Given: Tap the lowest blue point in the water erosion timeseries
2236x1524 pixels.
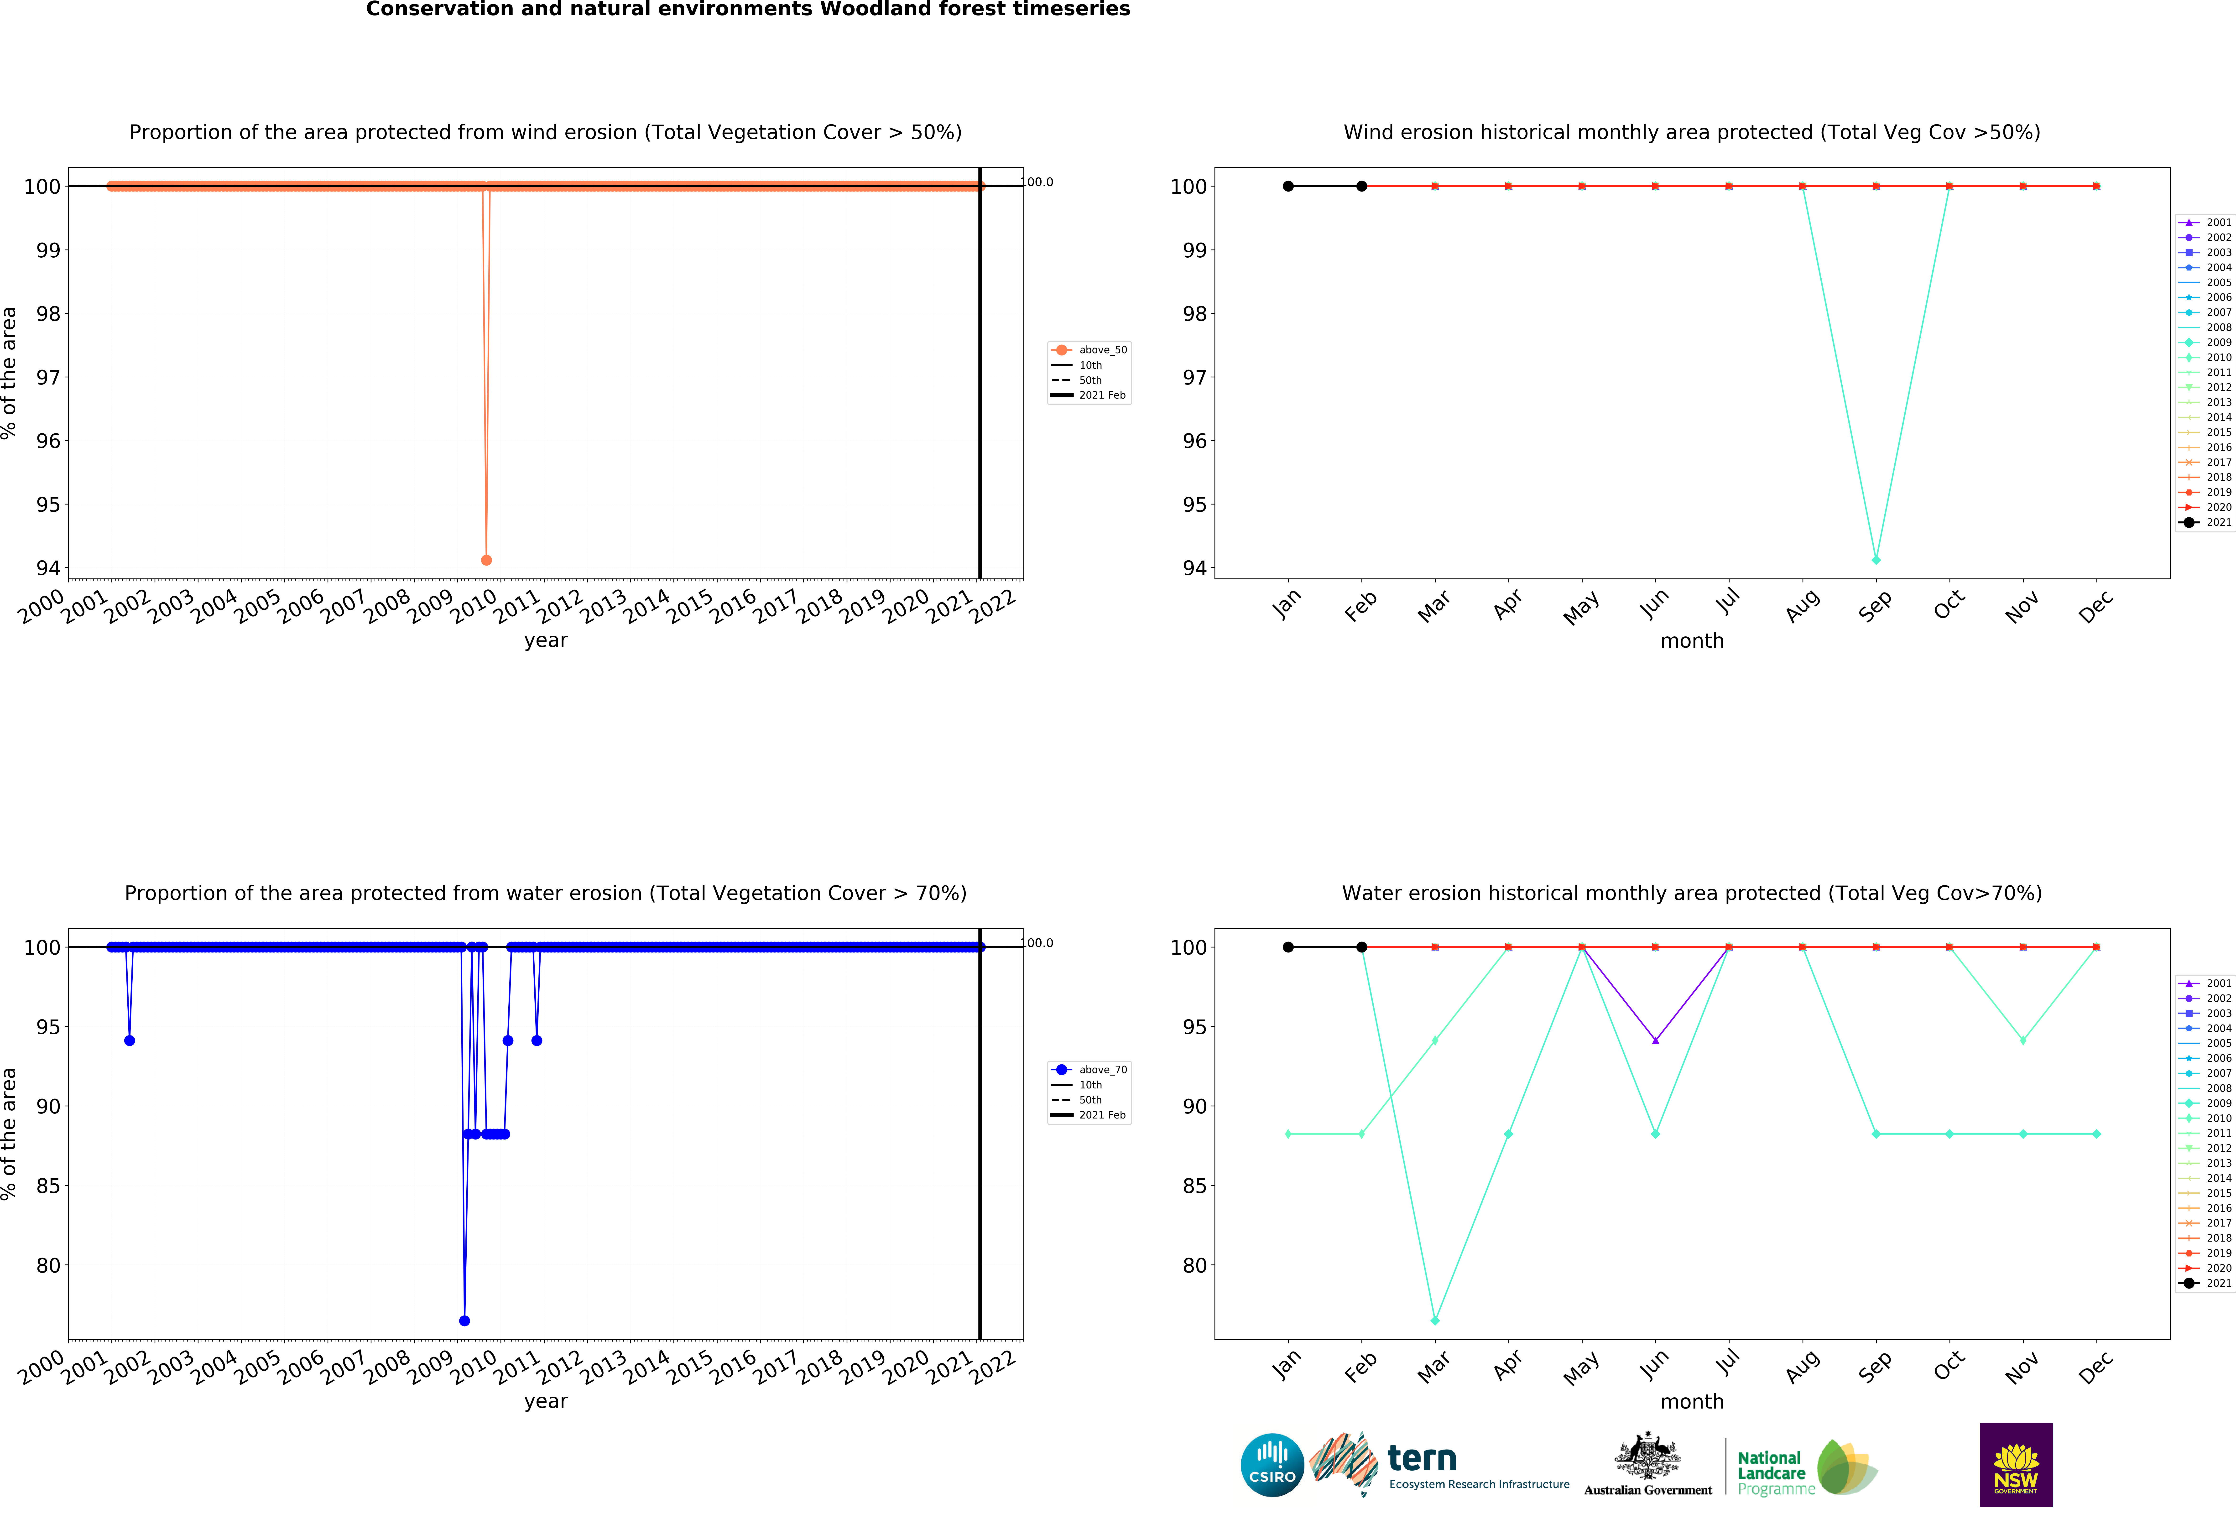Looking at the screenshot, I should [x=465, y=1321].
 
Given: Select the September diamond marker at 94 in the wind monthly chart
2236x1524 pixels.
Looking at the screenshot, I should [x=1876, y=560].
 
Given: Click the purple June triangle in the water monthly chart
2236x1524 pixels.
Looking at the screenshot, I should [x=1655, y=1040].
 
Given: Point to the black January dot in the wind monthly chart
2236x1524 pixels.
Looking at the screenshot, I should [x=1288, y=186].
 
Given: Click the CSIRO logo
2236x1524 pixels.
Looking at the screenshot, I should [x=1272, y=1465].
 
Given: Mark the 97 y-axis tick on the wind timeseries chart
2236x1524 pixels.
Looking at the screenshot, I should [x=48, y=377].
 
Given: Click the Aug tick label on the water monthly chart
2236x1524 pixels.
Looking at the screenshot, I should [x=1802, y=1366].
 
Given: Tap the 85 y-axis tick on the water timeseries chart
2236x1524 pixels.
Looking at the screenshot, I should [x=48, y=1186].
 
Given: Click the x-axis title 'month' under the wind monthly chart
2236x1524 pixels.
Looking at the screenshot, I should [x=1691, y=641].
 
